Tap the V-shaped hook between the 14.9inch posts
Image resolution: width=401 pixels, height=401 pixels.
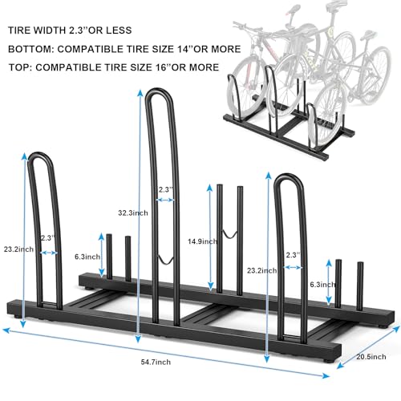tap(229, 233)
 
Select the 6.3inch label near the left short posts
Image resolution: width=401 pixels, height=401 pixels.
tap(88, 257)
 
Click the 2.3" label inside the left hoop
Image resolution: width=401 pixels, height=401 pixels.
tap(47, 238)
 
